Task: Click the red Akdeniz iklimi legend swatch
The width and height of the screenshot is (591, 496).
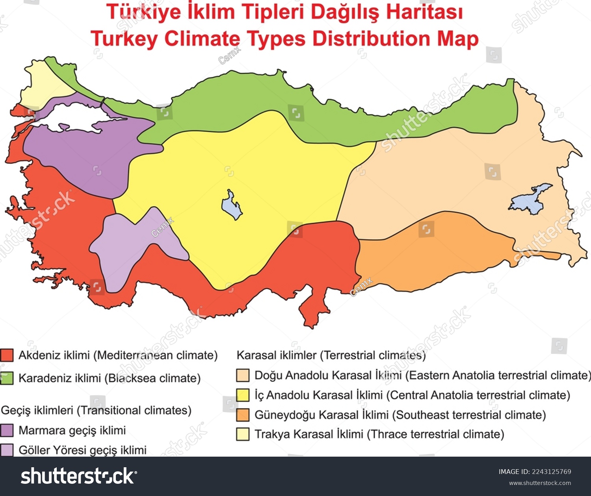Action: tap(7, 355)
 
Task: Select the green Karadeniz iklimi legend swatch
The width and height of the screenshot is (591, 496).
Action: tap(7, 378)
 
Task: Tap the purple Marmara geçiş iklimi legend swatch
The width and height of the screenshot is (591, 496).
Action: tap(7, 430)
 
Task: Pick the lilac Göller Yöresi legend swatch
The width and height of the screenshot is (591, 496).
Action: tap(7, 450)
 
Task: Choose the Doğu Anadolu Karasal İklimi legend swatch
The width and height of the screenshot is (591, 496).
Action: tap(243, 375)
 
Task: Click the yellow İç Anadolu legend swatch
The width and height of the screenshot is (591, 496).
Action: tap(243, 395)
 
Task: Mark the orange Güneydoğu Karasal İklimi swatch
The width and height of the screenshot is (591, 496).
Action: tap(243, 415)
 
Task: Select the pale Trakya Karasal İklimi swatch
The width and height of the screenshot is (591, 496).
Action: tap(243, 434)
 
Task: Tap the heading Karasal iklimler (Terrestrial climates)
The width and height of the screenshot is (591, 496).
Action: tap(331, 355)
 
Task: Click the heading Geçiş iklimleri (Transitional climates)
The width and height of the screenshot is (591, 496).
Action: tap(96, 410)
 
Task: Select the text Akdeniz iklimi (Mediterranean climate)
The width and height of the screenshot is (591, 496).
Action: tap(118, 355)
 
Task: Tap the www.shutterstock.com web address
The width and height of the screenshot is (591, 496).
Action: tap(540, 483)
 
